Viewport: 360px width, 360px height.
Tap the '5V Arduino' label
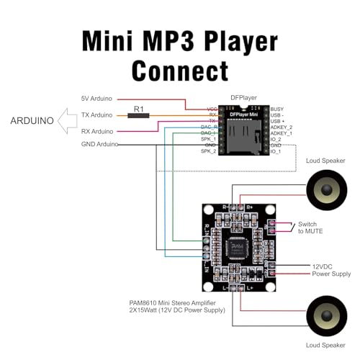(97, 99)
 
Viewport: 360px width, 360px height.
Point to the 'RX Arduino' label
(97, 130)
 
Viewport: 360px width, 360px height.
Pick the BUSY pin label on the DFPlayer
(278, 107)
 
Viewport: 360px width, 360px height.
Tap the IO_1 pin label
(276, 152)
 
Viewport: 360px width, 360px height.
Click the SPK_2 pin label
(210, 152)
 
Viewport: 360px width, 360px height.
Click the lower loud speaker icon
(325, 317)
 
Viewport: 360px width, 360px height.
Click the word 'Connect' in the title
(180, 70)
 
